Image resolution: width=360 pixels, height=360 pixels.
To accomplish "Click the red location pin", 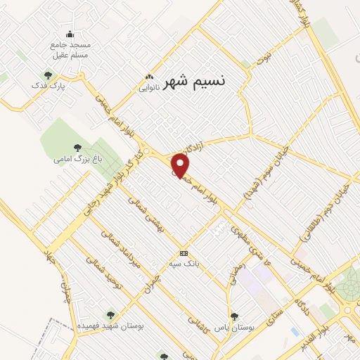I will [x=181, y=166].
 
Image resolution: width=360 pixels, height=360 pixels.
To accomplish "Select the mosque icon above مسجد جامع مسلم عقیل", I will [x=70, y=34].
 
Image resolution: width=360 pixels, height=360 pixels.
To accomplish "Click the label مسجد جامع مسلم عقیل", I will [x=70, y=50].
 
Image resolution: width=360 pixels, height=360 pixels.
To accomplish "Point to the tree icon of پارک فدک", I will [x=48, y=75].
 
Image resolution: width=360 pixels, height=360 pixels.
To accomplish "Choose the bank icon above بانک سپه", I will [x=184, y=253].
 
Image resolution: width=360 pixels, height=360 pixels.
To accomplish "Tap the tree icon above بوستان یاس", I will [x=234, y=316].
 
